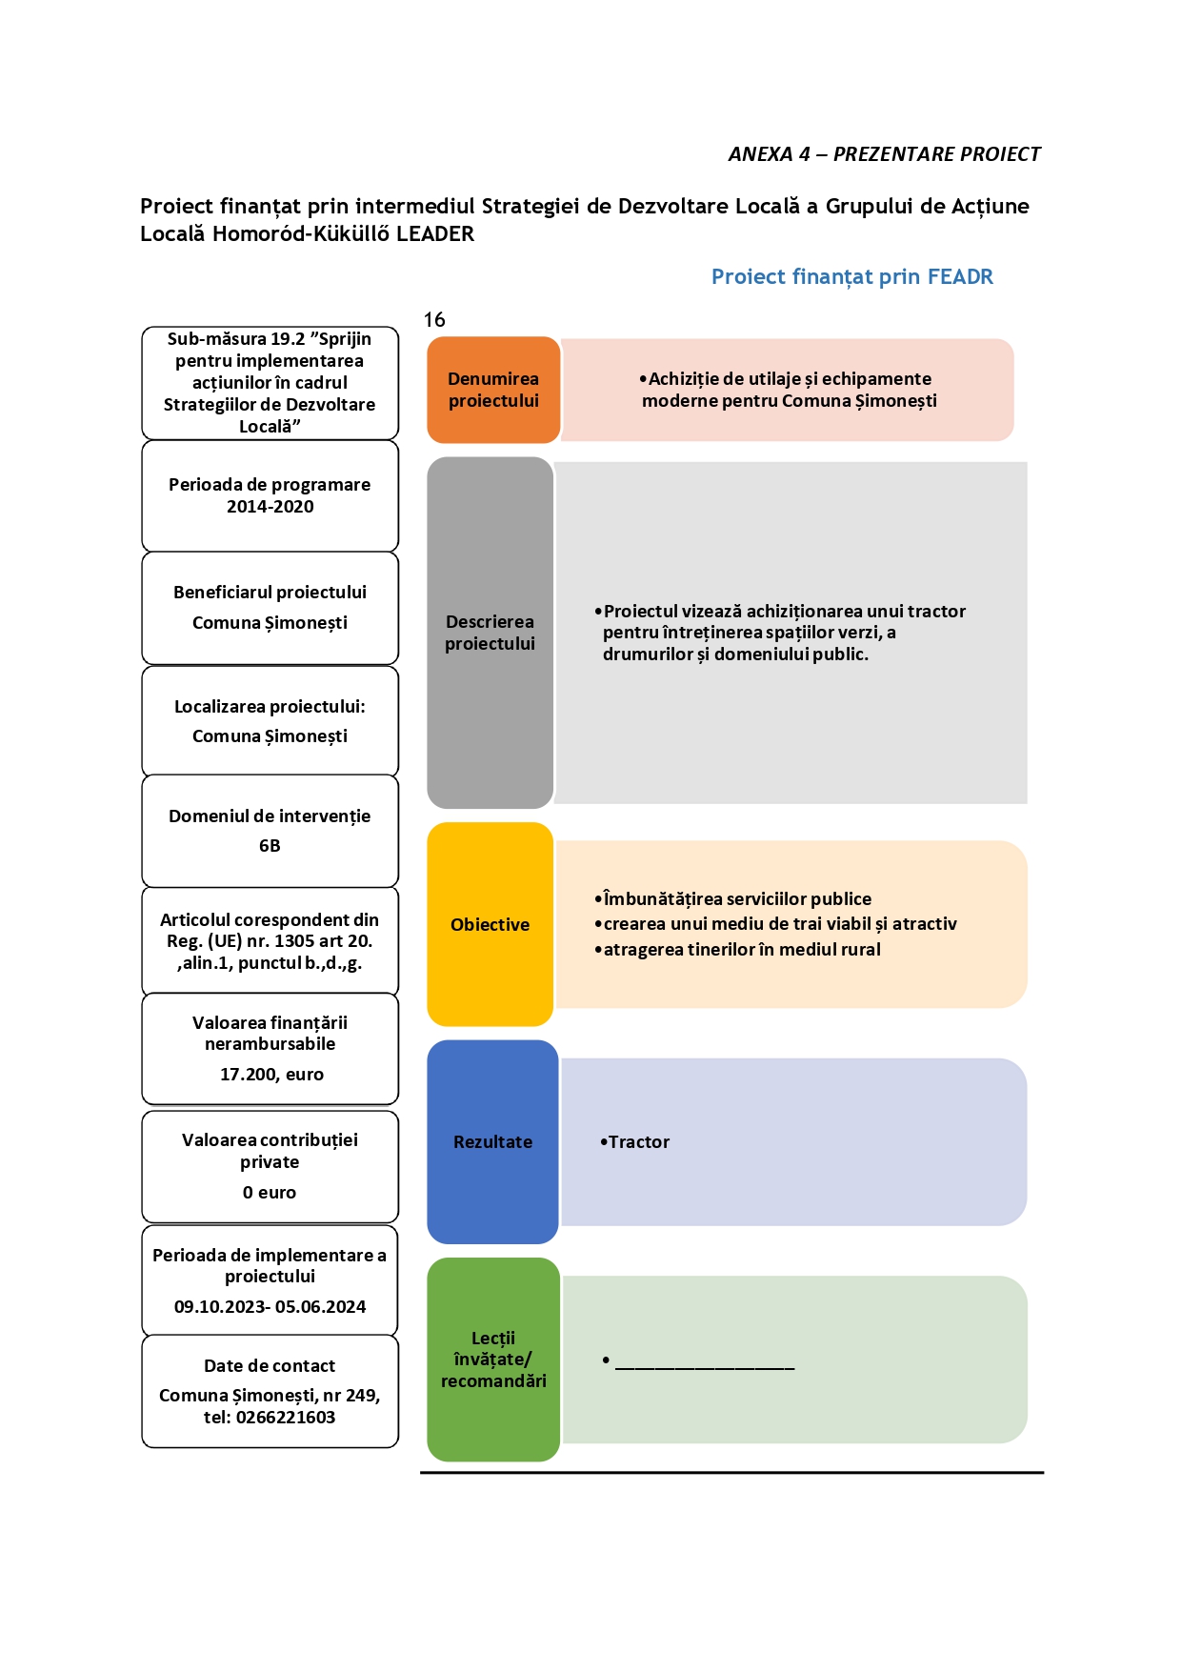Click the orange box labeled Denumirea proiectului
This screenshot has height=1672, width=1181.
(493, 390)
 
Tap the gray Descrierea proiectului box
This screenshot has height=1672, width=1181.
(490, 633)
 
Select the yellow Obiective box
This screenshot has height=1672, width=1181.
(490, 924)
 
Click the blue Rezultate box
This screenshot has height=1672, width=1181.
(492, 1141)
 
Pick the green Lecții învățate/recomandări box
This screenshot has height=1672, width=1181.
(493, 1360)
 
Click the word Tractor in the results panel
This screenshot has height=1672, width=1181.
(639, 1141)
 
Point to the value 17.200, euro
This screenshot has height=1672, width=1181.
(271, 1075)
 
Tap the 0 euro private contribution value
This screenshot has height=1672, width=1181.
(270, 1193)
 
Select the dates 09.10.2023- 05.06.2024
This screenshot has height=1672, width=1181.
(270, 1307)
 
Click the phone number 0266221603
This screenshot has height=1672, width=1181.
(286, 1418)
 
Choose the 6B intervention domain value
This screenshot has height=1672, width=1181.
(270, 846)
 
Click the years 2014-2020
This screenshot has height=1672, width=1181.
(270, 507)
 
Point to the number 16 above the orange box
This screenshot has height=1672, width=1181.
(434, 320)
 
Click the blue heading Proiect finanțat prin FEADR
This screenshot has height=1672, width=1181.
(852, 277)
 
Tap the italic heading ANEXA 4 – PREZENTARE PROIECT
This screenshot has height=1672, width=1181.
(884, 154)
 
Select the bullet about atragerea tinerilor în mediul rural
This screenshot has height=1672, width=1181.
(737, 950)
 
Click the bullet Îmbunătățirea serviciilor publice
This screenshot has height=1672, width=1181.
(732, 899)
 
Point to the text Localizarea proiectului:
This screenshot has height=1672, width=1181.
(270, 707)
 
